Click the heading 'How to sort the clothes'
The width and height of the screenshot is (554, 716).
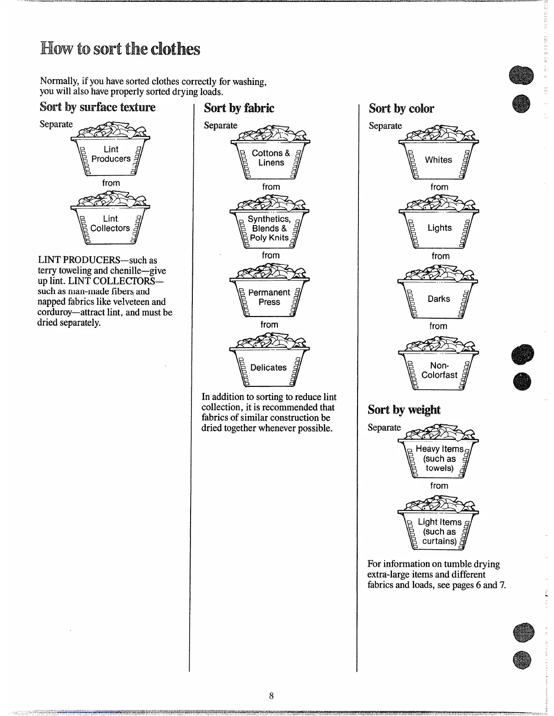[120, 49]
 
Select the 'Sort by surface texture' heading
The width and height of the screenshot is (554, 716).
[97, 107]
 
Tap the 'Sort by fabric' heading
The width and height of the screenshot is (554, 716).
[239, 108]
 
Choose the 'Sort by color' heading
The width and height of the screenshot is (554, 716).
[401, 108]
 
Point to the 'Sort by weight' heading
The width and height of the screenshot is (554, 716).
[404, 410]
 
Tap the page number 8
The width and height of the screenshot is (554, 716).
[271, 696]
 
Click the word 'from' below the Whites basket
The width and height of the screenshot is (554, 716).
[439, 187]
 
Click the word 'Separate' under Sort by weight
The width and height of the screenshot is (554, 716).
[384, 428]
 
